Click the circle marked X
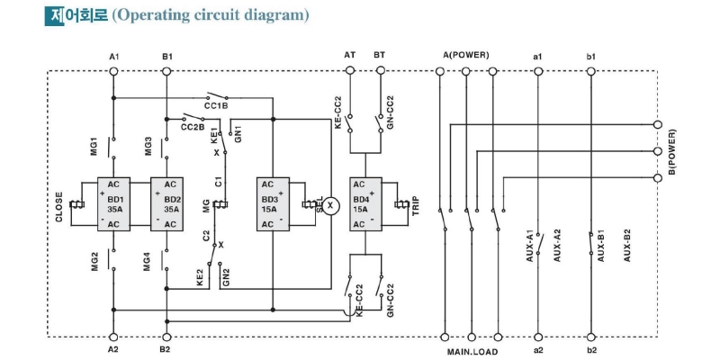coord(330,204)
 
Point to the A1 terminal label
coord(114,57)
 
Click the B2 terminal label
coord(166,348)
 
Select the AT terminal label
coord(349,56)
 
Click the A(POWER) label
coord(465,56)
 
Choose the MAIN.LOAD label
coord(472,351)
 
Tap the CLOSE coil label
coord(59,205)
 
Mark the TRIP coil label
coord(416,205)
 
